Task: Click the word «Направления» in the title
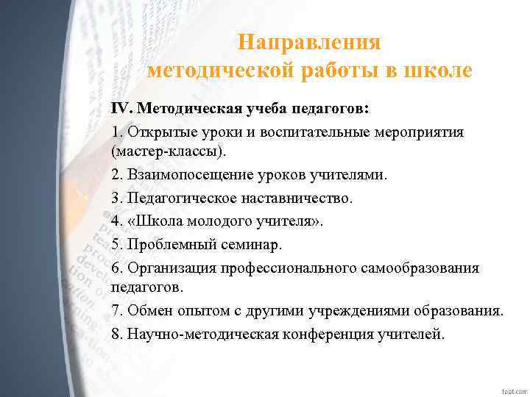[x=309, y=43]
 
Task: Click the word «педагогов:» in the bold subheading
[x=331, y=109]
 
